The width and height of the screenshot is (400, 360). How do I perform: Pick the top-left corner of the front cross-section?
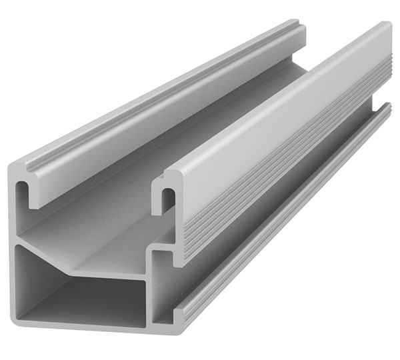[x=17, y=164]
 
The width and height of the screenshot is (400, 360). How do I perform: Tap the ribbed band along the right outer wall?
[x=280, y=167]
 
